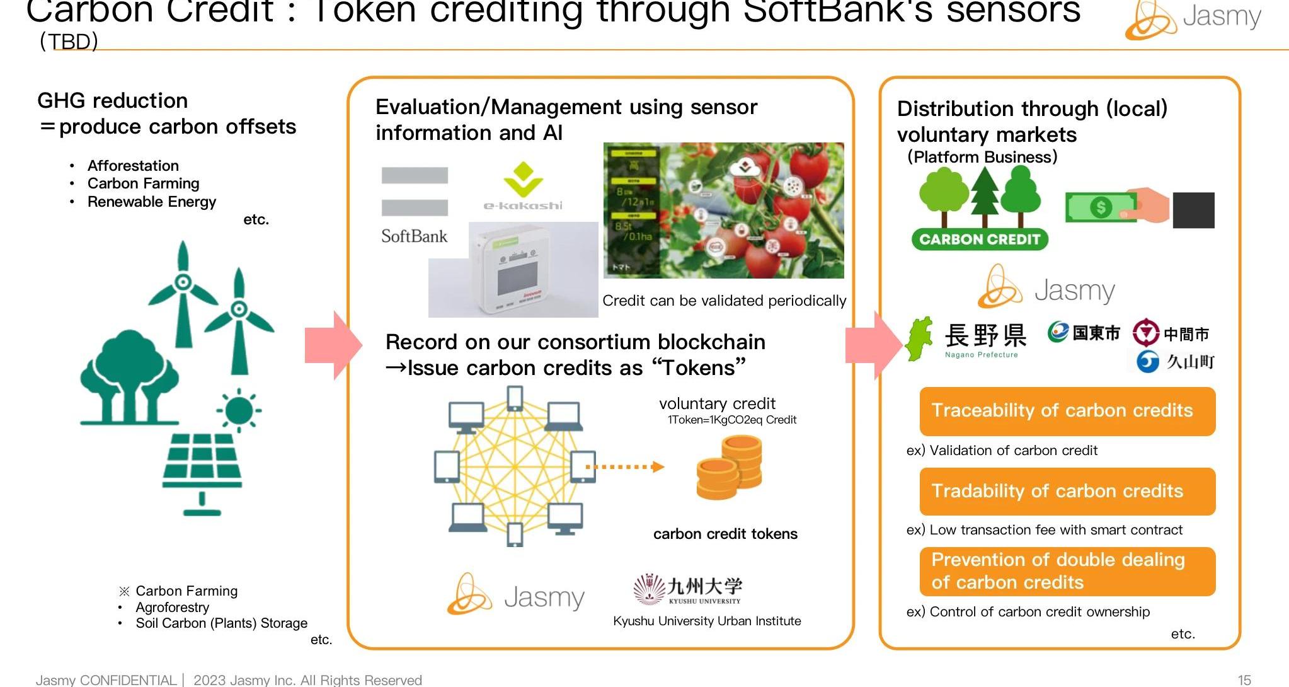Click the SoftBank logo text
(x=414, y=236)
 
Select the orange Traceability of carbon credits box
(x=1067, y=411)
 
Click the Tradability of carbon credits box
(x=1067, y=491)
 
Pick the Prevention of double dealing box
(x=1067, y=571)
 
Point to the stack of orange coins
(x=730, y=468)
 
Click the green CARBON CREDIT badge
(x=979, y=240)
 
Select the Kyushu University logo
(x=688, y=589)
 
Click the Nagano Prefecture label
(x=981, y=355)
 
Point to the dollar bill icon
(x=1100, y=207)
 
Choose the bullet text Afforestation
(x=133, y=166)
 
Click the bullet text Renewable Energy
(x=151, y=202)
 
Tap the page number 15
(x=1244, y=680)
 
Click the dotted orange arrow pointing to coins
(x=624, y=467)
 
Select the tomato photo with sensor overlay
(x=723, y=211)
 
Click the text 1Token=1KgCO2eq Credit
(x=731, y=420)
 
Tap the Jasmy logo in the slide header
(x=1193, y=19)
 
